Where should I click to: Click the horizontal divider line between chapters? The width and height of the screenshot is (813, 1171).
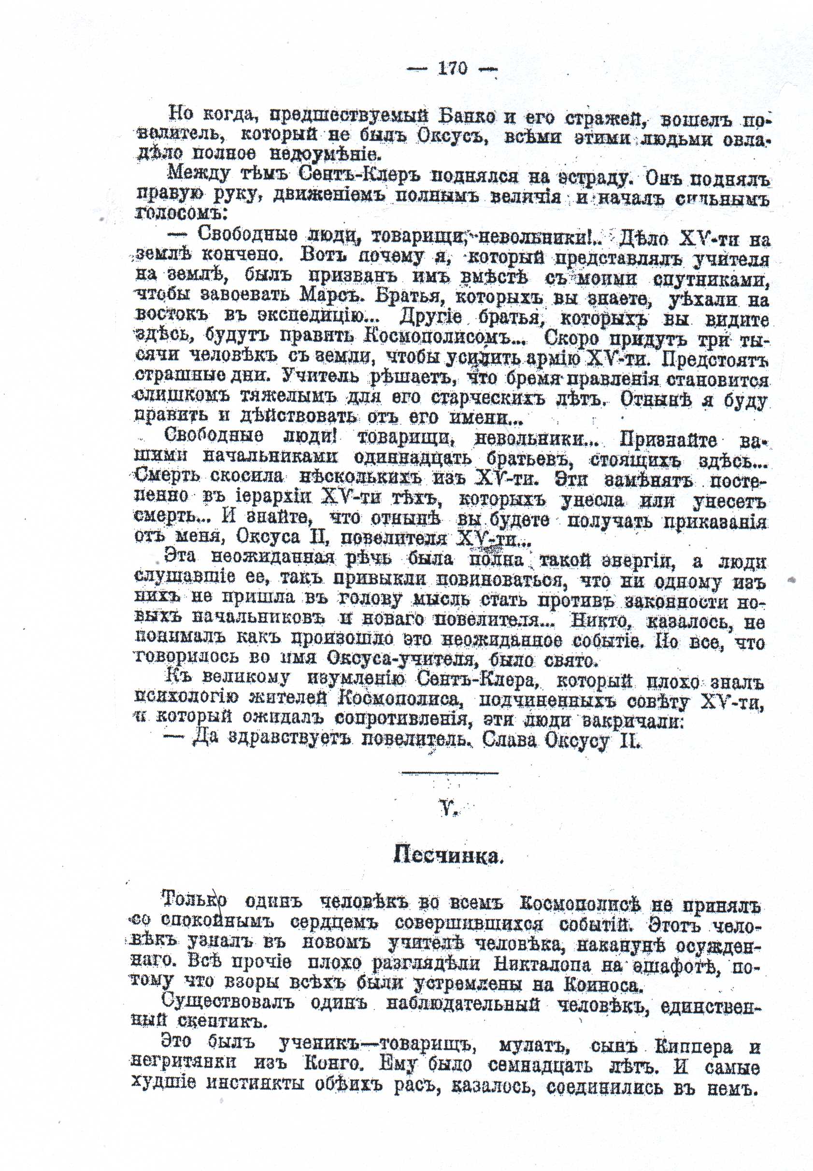pos(449,774)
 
